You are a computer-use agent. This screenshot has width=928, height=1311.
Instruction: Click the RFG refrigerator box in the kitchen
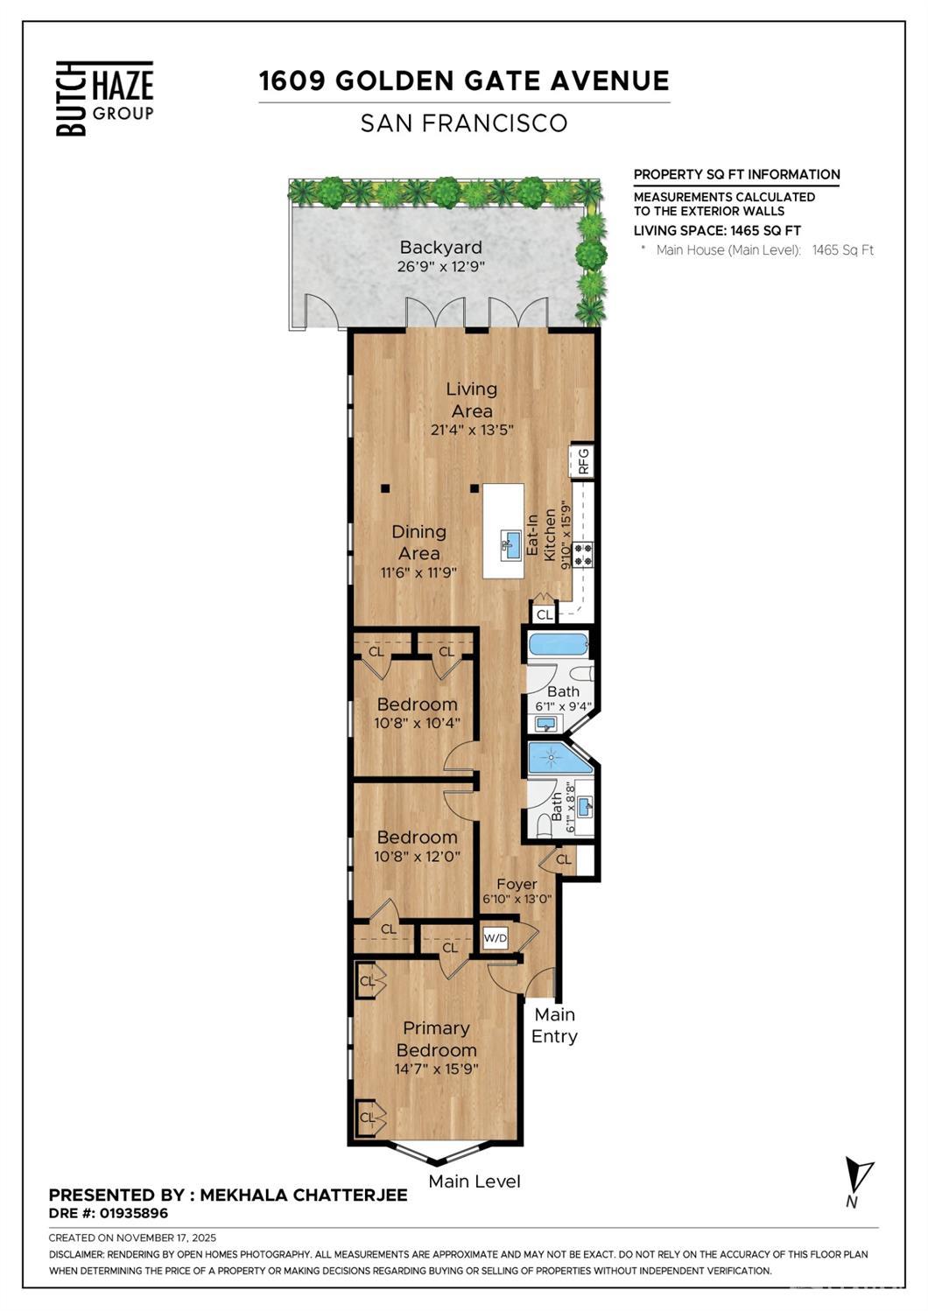582,461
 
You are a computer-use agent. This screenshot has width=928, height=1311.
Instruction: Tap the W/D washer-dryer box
496,938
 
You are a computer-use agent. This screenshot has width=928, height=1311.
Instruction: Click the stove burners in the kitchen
584,554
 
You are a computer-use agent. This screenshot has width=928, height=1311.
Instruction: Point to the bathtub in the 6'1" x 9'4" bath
559,646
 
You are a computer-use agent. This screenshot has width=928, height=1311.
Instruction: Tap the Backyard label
441,247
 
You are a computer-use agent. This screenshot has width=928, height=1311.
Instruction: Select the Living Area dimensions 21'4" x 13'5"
472,431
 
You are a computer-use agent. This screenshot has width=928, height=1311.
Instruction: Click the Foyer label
517,884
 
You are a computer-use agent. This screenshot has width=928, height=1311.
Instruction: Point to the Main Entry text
554,1026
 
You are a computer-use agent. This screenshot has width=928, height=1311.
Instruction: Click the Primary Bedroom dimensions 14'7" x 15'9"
437,1069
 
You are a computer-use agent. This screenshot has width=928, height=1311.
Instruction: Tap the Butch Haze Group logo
105,98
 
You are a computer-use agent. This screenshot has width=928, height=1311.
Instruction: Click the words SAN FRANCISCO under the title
464,123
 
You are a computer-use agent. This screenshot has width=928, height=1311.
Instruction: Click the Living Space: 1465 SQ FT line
717,230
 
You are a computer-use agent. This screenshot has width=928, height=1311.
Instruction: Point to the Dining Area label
418,542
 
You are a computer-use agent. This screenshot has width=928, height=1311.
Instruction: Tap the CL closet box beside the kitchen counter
544,614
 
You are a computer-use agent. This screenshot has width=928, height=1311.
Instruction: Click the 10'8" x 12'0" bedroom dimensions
417,856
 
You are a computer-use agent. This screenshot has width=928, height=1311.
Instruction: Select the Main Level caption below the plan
475,1181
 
